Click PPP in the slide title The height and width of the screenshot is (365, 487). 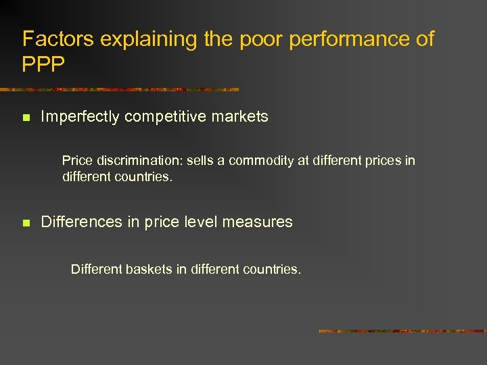[x=44, y=64]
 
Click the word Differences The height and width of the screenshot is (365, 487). [x=80, y=222]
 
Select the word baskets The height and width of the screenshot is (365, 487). [x=147, y=269]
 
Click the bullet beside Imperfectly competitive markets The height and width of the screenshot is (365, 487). [x=26, y=118]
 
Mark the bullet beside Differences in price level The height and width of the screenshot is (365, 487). [x=26, y=222]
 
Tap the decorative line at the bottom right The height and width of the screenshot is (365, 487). [x=402, y=331]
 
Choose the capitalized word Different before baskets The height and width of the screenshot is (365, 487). [x=96, y=269]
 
